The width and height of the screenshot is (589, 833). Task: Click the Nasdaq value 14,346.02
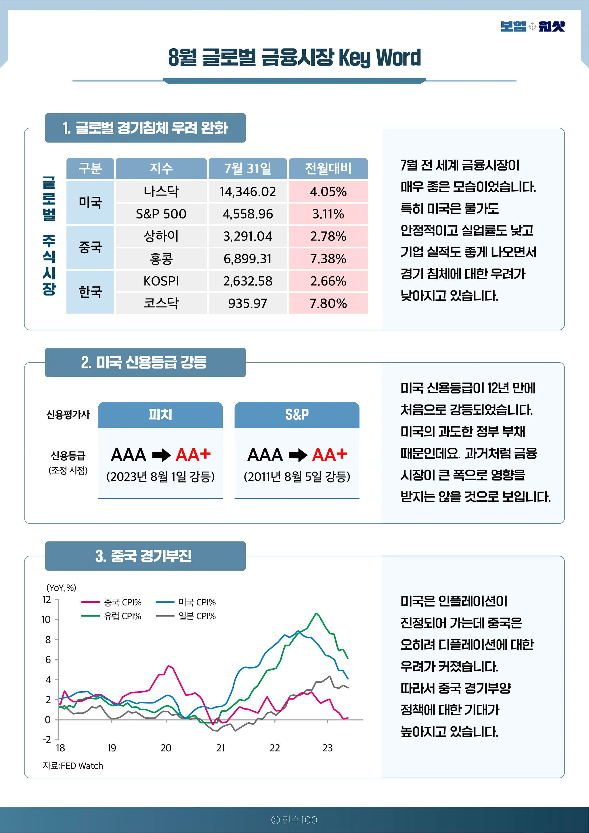(248, 192)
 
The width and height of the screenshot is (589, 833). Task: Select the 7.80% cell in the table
(328, 303)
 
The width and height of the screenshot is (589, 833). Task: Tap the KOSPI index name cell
(161, 281)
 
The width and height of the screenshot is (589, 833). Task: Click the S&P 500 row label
(161, 214)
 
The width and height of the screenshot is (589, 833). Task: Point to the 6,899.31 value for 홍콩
(248, 259)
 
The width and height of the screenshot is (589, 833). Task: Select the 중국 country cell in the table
(90, 248)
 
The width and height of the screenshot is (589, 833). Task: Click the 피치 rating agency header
(160, 414)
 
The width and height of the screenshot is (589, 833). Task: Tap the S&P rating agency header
(297, 414)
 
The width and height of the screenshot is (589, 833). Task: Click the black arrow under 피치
(161, 455)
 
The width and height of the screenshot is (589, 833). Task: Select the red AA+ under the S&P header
(330, 455)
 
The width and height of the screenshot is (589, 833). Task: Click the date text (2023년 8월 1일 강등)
(160, 477)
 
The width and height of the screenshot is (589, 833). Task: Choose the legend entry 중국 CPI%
(122, 603)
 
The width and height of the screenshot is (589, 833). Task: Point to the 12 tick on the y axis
(47, 600)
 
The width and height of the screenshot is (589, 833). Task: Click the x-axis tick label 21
(220, 748)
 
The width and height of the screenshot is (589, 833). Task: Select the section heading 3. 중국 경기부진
(144, 556)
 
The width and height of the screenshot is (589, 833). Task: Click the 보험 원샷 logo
(532, 26)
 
